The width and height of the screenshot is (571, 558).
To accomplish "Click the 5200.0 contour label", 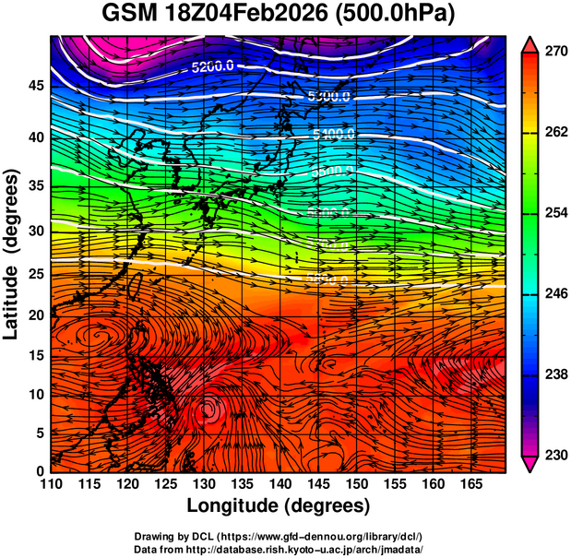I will (x=213, y=67).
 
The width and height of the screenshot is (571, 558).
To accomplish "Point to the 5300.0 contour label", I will (x=329, y=97).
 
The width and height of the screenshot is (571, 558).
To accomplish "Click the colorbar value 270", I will (x=555, y=52).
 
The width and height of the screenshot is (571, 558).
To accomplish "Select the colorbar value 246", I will (x=555, y=293).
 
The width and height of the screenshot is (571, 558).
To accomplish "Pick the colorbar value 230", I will (x=555, y=455).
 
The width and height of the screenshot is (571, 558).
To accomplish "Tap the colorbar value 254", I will (x=555, y=213).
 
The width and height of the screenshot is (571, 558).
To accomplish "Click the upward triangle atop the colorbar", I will (x=531, y=42).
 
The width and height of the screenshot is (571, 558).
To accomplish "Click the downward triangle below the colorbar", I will (x=531, y=464).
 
